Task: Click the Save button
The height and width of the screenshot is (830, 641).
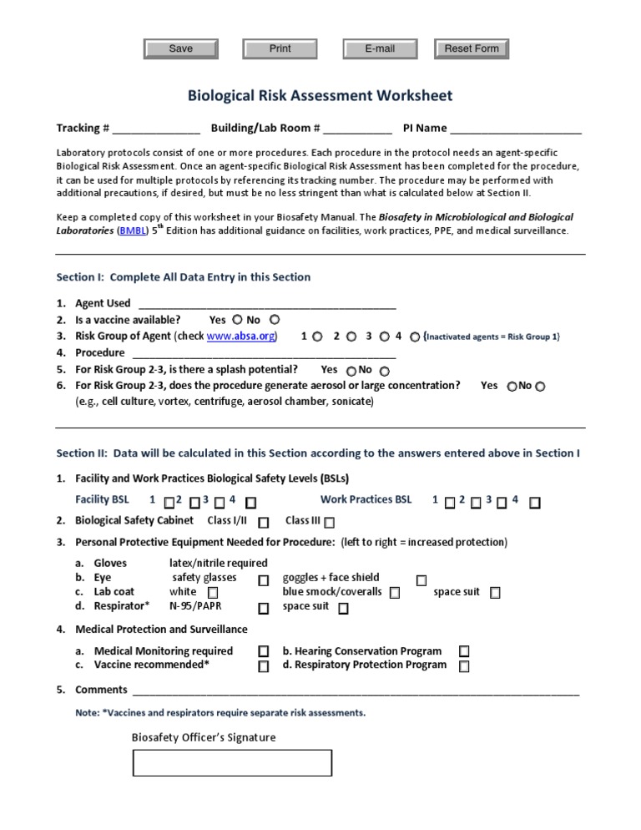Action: [x=181, y=49]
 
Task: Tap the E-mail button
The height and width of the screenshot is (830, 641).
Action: [x=380, y=49]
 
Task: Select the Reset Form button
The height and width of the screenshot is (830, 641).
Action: [x=472, y=49]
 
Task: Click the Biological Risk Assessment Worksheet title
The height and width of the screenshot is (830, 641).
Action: [x=320, y=96]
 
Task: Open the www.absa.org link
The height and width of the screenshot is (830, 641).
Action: [x=241, y=337]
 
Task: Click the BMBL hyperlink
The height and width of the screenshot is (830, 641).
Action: [x=132, y=230]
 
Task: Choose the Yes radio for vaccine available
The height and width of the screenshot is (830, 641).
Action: [x=237, y=319]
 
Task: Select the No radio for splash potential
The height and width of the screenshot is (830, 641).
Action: [x=384, y=371]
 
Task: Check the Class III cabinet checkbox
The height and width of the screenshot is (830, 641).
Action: [x=330, y=523]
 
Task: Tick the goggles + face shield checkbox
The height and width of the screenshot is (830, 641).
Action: [x=421, y=579]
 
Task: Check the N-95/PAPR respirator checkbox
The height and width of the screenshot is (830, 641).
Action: [x=264, y=609]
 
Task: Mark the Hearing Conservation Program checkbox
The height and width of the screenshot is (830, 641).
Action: [x=464, y=651]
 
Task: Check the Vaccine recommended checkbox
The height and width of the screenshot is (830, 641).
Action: [x=264, y=666]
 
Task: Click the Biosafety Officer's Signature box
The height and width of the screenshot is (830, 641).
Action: [x=233, y=763]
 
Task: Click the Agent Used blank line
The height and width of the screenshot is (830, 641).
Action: [x=266, y=304]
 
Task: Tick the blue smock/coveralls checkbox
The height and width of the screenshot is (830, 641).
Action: [x=394, y=593]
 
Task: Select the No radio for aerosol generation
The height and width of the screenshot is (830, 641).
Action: [x=540, y=387]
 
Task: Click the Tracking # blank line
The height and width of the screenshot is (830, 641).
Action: [x=156, y=129]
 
